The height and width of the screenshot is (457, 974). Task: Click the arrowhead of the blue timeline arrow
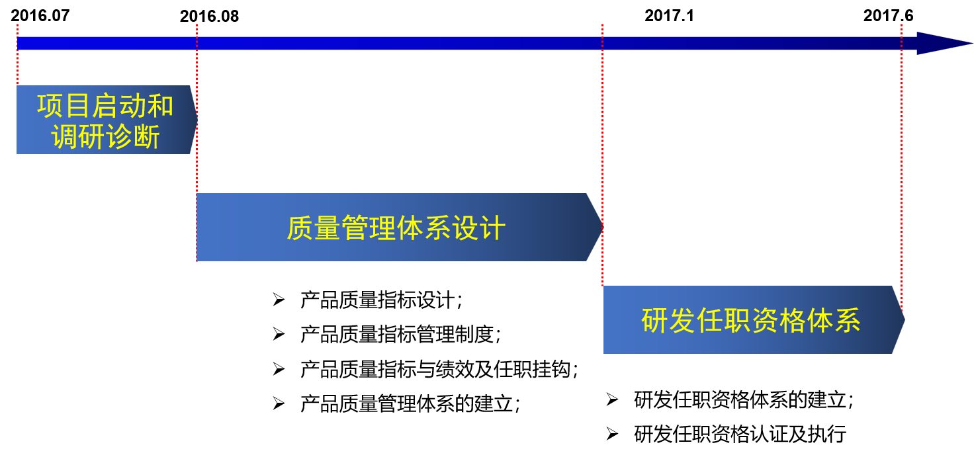point(943,44)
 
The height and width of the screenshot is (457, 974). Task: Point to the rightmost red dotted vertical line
point(901,165)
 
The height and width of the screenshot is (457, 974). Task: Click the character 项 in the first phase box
point(50,106)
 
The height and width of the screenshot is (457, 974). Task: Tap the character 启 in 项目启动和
point(105,106)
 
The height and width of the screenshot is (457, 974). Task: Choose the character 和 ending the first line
point(160,106)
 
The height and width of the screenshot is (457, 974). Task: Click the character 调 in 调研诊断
point(64,137)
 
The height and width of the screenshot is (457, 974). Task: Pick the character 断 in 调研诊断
point(147,137)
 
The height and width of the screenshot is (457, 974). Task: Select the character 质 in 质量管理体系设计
point(300,228)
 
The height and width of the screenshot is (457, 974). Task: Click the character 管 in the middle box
point(355,228)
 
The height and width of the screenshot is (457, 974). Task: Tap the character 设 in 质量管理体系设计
point(465,228)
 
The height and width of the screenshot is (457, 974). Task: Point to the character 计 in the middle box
point(493,228)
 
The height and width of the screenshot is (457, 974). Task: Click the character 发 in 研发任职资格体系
point(682,321)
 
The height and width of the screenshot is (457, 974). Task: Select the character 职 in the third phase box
point(737,321)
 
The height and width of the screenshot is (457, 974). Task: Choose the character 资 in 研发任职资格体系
point(765,321)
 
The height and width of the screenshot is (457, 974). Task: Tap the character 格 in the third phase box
point(793,321)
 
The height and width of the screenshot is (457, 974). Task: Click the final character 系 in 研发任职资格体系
point(848,321)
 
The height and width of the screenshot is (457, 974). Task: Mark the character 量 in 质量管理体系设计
point(328,228)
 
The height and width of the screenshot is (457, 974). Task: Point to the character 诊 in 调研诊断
point(119,137)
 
